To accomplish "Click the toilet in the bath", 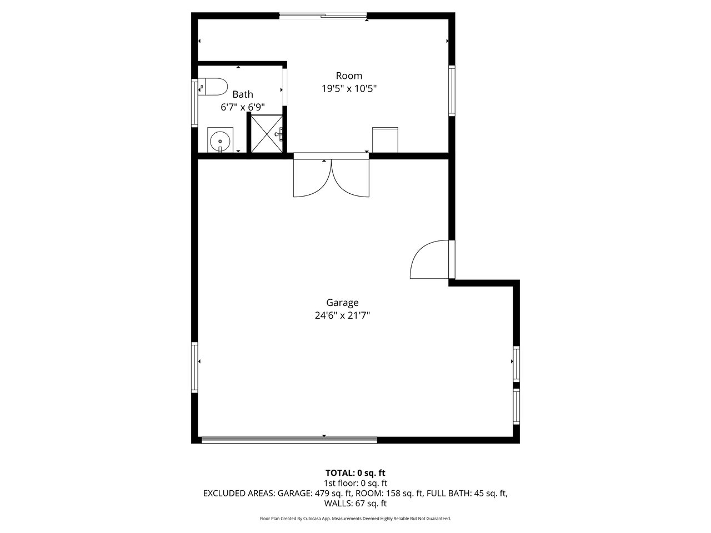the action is (213, 87).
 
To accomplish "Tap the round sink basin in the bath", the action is (220, 142).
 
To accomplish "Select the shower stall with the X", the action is (267, 133).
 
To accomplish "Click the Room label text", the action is (349, 76).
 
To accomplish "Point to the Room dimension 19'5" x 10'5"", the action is (349, 88).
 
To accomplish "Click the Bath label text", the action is (243, 94).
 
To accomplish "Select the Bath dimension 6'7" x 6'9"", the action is (243, 107).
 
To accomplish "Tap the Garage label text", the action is (342, 303).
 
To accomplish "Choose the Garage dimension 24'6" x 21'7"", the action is (342, 315).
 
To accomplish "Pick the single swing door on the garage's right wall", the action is (432, 259).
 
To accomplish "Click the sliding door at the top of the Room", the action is (323, 15).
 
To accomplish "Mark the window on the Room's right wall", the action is (452, 90).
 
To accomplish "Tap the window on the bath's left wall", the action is (194, 103).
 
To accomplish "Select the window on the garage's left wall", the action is (194, 368).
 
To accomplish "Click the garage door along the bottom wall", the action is (289, 440).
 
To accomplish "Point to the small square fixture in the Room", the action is (385, 140).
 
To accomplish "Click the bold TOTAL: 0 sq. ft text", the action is (355, 473).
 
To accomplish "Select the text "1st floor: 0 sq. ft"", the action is (355, 483).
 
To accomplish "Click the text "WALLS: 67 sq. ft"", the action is (355, 503).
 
